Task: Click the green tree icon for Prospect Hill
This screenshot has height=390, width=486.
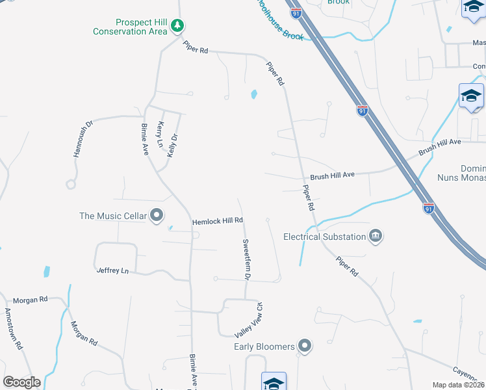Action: pos(177,27)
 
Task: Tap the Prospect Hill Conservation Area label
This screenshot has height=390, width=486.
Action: pos(130,27)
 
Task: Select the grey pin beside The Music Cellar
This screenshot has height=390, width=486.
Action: pos(156,215)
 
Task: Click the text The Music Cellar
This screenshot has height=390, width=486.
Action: pos(113,216)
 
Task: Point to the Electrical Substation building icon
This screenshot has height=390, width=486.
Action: pos(375,236)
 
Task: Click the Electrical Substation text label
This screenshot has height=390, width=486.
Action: pos(324,237)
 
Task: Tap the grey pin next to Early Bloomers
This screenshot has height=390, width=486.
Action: pos(305,346)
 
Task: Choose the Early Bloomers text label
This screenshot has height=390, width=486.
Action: pos(264,346)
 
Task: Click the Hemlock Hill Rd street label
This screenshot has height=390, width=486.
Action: pos(217,222)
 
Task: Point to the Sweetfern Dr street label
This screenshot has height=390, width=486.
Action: pos(247,259)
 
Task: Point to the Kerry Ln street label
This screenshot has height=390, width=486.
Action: pos(160,135)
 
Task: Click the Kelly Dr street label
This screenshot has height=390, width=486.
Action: pos(172,144)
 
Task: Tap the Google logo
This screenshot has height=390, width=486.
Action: pos(21,382)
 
